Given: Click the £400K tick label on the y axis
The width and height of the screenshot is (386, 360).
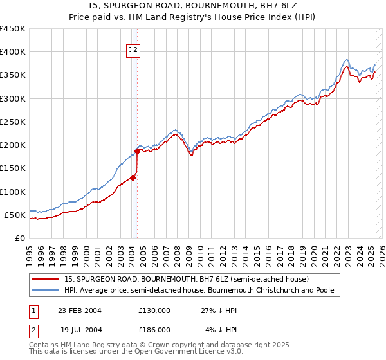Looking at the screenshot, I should pos(12,52).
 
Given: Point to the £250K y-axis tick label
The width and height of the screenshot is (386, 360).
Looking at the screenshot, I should pos(12,122).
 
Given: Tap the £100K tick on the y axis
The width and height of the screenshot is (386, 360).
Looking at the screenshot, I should pos(12,192).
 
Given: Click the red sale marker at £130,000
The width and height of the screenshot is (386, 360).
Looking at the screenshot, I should pos(133,177).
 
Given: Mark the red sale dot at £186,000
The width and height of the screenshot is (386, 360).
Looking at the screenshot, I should pos(137,152).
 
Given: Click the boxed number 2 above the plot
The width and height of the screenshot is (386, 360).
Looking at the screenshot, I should pos(137,50).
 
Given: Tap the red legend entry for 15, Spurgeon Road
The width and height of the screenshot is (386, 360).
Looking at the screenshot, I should pos(187,279).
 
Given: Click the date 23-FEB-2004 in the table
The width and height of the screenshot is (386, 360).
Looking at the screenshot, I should pos(80,310).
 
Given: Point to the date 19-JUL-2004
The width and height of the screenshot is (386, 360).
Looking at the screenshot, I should pos(80,330).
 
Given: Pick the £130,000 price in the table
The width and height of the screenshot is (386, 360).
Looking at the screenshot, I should pos(154,310).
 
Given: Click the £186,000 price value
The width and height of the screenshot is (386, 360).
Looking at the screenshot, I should pos(154,330).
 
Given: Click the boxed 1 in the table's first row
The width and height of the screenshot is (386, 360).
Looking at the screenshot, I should pos(33,310).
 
